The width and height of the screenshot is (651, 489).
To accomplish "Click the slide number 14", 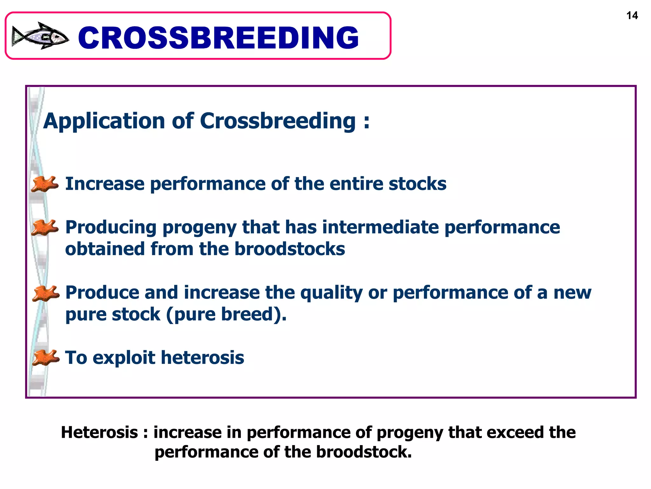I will click(632, 16).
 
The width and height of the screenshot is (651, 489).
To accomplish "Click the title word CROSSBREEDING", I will click(218, 38).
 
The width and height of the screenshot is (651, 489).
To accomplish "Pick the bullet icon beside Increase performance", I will click(45, 184).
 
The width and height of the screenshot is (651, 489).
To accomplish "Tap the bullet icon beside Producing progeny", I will click(45, 228).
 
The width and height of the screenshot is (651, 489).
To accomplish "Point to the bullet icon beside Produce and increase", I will click(45, 293).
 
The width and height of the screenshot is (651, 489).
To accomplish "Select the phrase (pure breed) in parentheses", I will click(226, 314).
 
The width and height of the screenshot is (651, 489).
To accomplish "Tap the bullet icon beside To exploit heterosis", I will click(45, 357).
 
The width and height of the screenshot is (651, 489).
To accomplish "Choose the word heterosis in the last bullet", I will click(202, 358).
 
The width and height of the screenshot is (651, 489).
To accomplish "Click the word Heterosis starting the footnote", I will click(99, 432).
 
